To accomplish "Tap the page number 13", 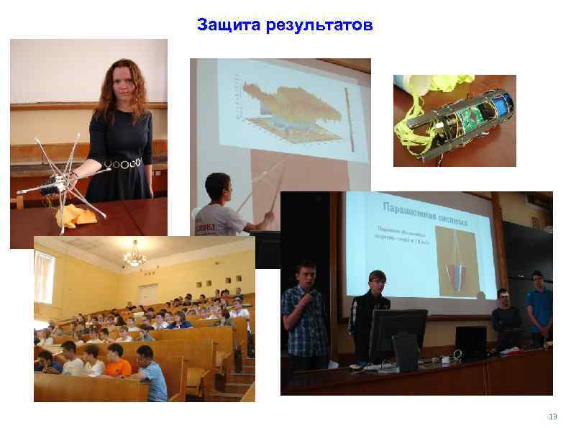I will (552, 416).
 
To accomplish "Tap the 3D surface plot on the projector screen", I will (288, 108).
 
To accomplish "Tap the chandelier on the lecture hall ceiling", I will (134, 255).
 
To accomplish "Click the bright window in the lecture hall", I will (44, 277).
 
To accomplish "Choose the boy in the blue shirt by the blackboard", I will (538, 306).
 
